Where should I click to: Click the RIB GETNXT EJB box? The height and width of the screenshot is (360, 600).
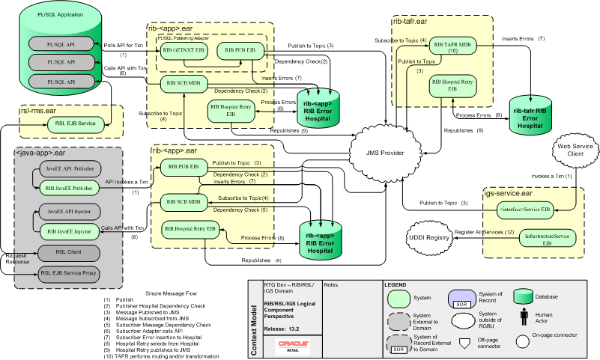tap(181, 51)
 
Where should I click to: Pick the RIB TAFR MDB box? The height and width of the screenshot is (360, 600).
tap(452, 48)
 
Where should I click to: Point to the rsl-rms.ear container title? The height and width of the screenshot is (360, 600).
tap(43, 109)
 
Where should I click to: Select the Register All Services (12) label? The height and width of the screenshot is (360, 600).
tap(480, 233)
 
